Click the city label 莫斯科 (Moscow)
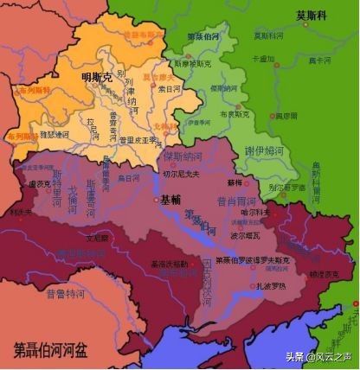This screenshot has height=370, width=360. [312, 15]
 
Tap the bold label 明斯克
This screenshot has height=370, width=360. [96, 77]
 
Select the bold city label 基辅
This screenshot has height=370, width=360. [171, 200]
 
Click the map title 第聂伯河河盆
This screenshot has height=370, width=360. [48, 350]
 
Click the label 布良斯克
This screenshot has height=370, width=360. [232, 114]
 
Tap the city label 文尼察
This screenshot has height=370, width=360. [97, 235]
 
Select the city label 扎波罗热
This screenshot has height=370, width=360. [244, 283]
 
